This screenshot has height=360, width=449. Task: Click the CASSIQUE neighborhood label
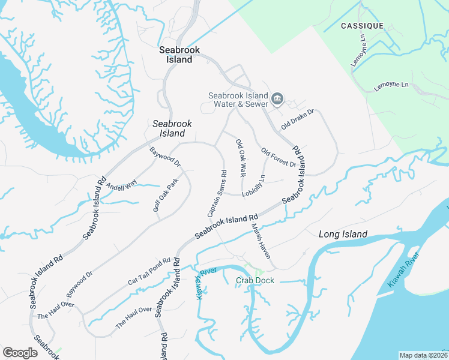pos(362,26)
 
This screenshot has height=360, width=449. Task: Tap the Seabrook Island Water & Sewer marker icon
pos(277,98)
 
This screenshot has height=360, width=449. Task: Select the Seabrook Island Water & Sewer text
pos(238,100)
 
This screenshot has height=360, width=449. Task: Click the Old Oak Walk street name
pos(241,158)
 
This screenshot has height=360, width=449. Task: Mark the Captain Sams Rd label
pos(217,194)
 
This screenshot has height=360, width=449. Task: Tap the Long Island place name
pos(342,234)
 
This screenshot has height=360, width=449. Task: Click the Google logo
pos(20,352)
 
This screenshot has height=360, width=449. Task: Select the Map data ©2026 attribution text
pos(423,355)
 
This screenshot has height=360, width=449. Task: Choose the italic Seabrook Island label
pos(172,128)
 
